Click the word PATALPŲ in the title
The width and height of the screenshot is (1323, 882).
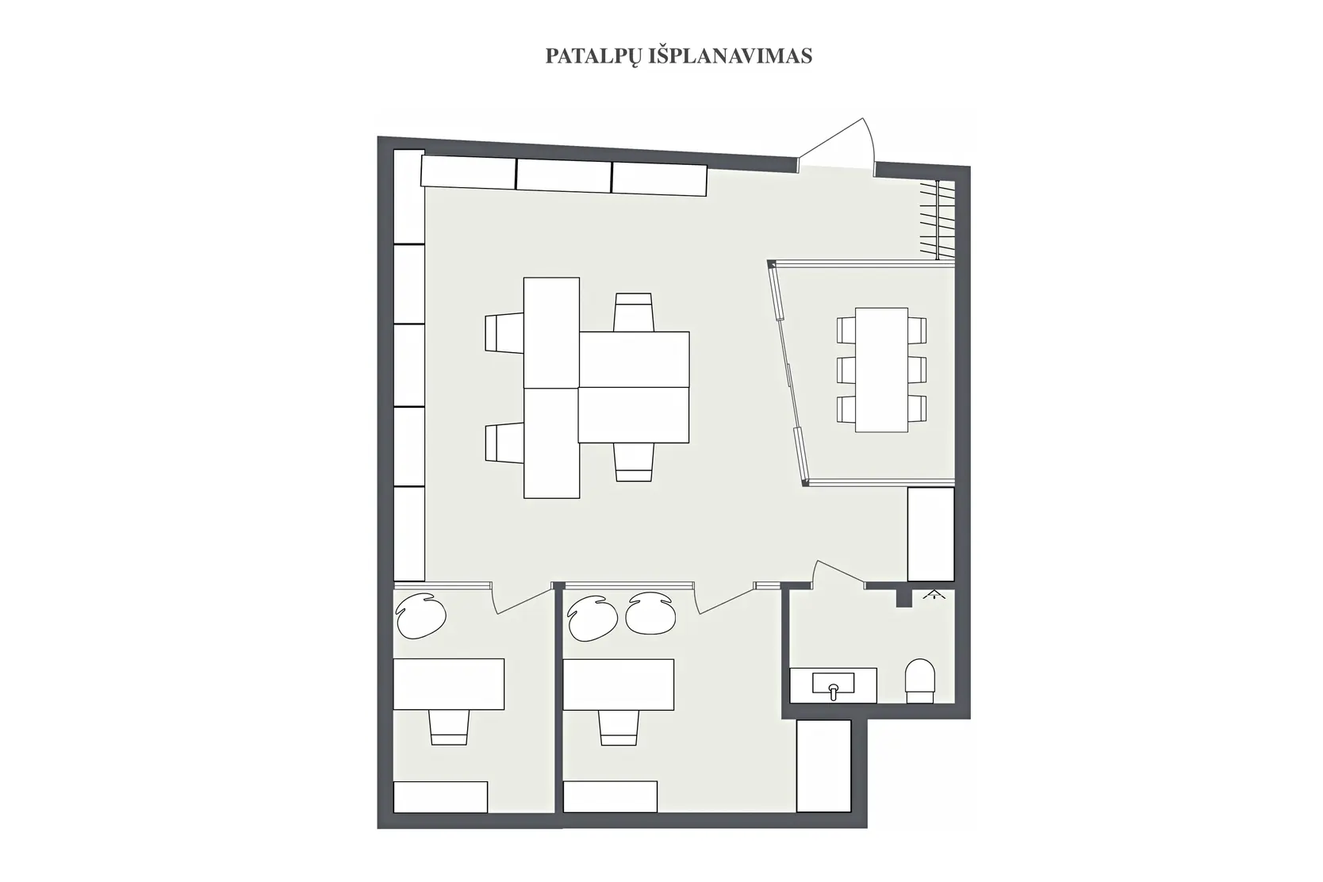(593, 56)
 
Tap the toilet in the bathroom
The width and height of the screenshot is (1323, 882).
(920, 681)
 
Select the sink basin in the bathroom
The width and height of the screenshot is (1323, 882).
(834, 684)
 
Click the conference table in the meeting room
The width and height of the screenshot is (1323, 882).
(881, 370)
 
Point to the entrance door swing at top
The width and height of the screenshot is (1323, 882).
(839, 144)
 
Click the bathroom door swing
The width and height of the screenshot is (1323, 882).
(838, 572)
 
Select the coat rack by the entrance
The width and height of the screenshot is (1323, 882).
(937, 219)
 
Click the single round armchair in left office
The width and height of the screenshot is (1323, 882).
(420, 615)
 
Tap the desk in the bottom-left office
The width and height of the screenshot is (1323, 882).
(449, 684)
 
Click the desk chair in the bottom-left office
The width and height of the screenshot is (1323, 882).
(450, 727)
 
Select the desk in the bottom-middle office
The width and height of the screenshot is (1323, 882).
(619, 684)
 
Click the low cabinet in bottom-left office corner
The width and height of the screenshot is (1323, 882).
(441, 797)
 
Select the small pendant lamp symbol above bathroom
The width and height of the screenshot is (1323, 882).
(934, 594)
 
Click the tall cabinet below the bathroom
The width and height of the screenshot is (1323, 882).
(824, 765)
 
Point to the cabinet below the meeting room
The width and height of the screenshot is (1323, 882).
(931, 534)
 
